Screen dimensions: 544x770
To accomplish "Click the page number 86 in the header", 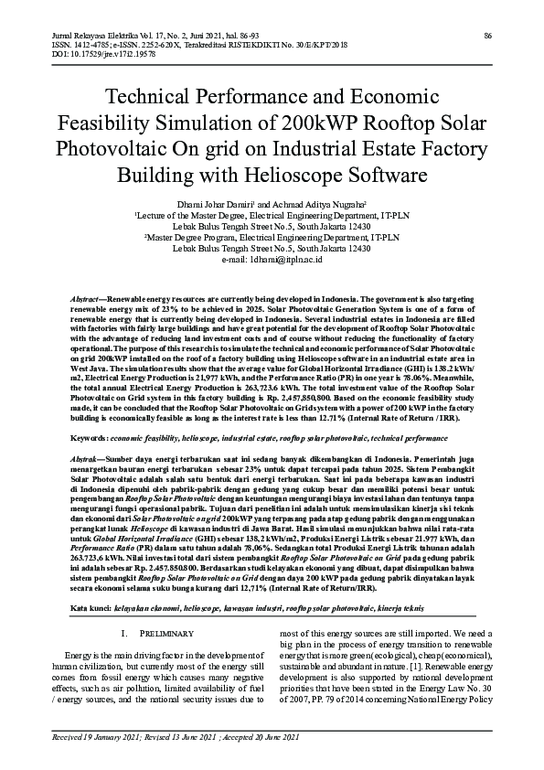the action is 488,35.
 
